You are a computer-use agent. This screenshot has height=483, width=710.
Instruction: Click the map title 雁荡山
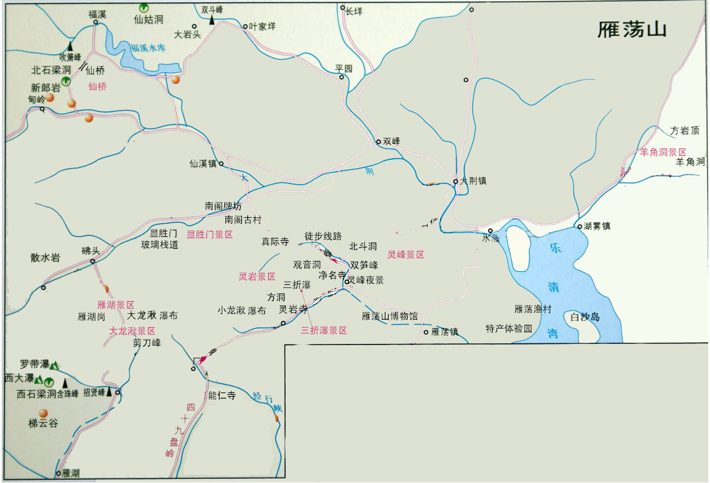pos(632,30)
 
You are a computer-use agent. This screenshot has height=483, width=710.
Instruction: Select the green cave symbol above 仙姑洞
pos(143,8)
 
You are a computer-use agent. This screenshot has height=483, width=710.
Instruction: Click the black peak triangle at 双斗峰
pos(211,20)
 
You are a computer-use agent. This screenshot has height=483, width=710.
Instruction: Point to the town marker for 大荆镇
pos(456,181)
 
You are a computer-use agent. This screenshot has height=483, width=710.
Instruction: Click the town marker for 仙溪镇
pos(221,164)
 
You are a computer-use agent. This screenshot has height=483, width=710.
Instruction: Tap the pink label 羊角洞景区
pos(663,152)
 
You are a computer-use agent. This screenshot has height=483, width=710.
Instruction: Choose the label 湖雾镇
pos(598,226)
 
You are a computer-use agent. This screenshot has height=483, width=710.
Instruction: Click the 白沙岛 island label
pos(585,317)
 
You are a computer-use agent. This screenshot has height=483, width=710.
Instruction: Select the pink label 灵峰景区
pos(406,255)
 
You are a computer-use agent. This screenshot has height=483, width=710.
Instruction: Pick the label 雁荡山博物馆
pos(390,316)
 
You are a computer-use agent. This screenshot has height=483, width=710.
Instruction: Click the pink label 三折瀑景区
pos(324,330)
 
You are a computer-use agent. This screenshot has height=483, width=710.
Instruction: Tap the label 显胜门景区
pos(209,234)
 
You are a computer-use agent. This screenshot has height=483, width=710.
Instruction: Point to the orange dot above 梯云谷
pos(43,413)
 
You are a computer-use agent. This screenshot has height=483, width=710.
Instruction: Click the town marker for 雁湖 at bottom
pos(58,474)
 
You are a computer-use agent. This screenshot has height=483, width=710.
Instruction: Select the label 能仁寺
pos(222,395)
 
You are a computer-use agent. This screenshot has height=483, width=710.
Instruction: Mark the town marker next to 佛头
pos(93,261)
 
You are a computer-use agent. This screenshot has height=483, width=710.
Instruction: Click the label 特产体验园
pos(509,328)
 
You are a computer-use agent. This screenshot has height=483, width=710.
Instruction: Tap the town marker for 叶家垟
pos(245,27)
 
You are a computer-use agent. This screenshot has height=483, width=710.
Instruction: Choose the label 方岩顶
pos(685,130)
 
